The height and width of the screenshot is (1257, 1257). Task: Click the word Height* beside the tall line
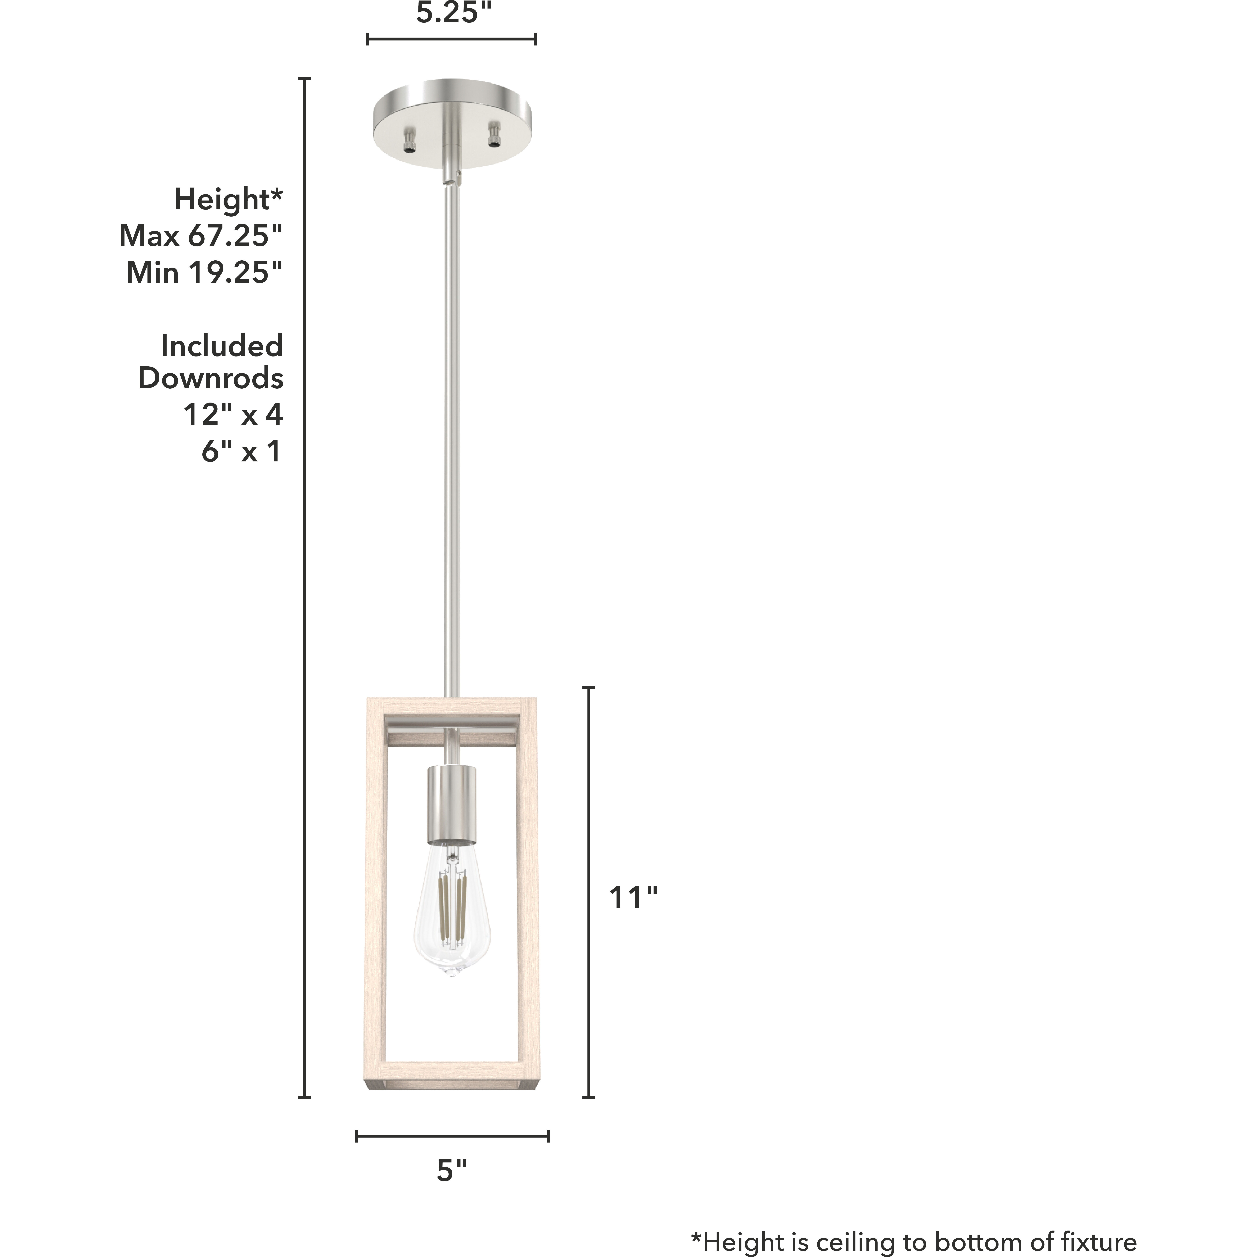[x=228, y=199]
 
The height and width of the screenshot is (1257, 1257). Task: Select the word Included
[x=222, y=346]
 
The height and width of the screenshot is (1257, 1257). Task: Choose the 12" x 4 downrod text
[x=233, y=415]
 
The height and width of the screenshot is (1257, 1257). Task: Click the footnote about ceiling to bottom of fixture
[x=913, y=1241]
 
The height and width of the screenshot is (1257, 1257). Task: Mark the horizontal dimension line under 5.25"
[x=452, y=39]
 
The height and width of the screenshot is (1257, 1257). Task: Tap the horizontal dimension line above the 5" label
[x=452, y=1136]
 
